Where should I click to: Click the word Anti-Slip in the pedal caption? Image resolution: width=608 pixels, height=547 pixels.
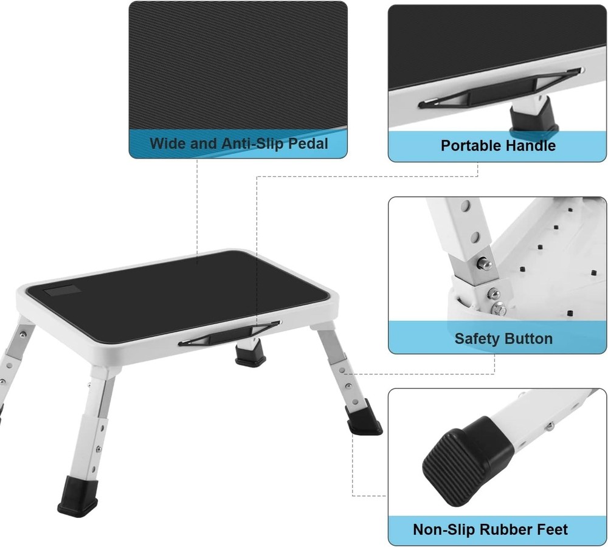[x=238, y=144]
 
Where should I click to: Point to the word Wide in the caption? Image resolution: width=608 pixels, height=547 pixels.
[x=166, y=144]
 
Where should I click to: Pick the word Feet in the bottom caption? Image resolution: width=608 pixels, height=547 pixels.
[x=551, y=529]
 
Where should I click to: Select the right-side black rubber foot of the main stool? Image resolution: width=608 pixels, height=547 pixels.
[x=362, y=420]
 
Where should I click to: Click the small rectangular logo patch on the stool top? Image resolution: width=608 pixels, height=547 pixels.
[x=58, y=292]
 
